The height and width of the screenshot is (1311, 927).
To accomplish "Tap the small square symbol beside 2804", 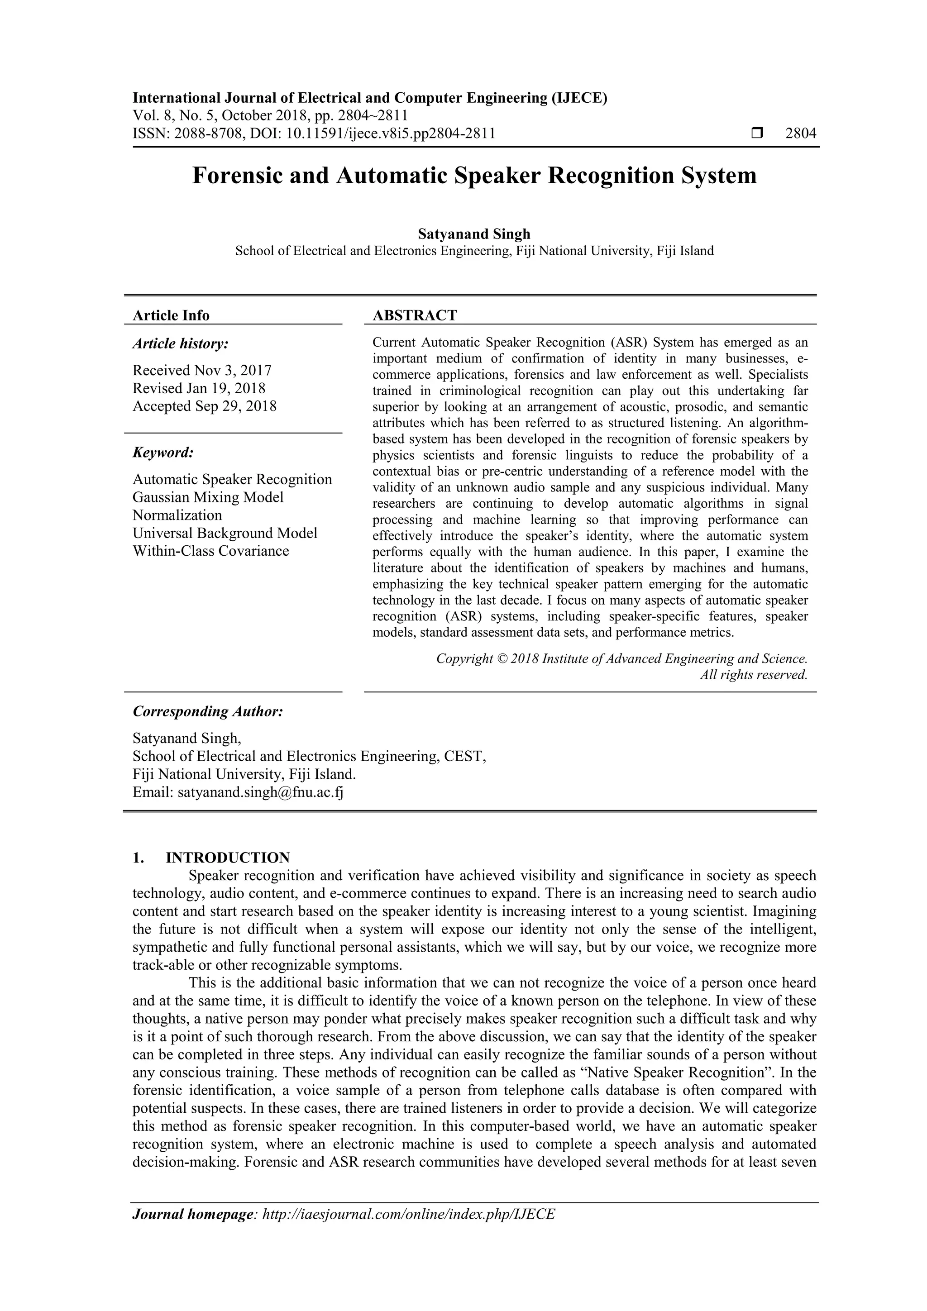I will click(757, 133).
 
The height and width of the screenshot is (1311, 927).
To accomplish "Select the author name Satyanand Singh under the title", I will click(473, 234).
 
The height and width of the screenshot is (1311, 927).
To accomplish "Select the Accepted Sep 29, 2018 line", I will click(205, 406).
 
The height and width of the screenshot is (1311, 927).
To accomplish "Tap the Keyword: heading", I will click(163, 453).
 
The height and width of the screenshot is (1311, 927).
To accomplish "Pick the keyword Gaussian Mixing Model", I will click(208, 497).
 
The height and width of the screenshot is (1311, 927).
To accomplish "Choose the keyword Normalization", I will click(177, 515).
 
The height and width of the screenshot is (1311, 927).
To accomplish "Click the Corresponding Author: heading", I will click(208, 711).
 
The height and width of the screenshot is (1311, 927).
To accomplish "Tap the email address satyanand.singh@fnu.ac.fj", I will click(260, 792).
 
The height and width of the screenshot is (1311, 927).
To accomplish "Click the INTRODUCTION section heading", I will click(227, 858).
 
